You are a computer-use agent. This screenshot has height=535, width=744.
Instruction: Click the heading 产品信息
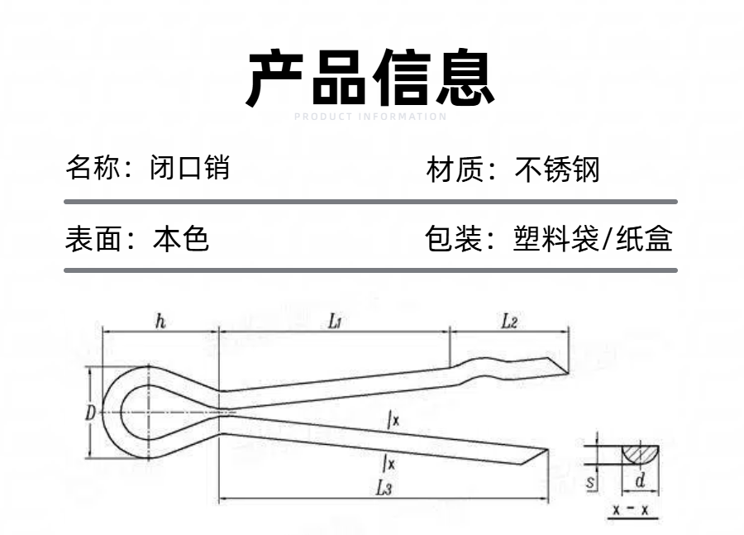(x=371, y=79)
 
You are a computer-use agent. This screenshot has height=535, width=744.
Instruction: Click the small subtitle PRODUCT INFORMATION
(x=370, y=117)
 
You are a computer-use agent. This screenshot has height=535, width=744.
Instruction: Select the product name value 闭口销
(x=190, y=169)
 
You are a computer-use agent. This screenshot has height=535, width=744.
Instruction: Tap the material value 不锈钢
(x=557, y=170)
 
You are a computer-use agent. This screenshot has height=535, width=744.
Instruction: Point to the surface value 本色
(x=181, y=239)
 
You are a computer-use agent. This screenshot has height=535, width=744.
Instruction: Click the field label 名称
(x=88, y=169)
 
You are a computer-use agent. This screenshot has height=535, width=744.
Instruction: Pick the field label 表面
(x=88, y=239)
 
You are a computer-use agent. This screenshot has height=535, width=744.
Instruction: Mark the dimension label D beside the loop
(x=91, y=413)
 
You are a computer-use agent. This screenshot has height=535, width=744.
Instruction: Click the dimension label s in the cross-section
(x=593, y=480)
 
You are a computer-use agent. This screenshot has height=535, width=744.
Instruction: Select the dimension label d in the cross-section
(x=640, y=480)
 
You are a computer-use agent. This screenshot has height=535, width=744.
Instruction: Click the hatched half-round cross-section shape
(x=640, y=453)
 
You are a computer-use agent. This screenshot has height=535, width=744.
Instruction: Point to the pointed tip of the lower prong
(x=546, y=450)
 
